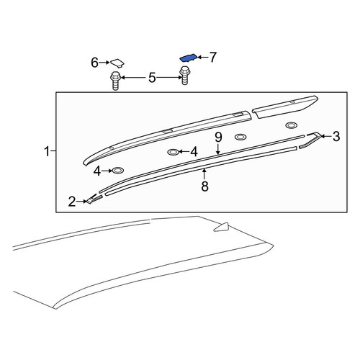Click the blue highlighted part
tap(189, 58)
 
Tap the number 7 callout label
tap(212, 58)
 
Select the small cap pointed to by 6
tap(117, 63)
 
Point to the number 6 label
tap(94, 63)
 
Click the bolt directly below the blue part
tap(184, 76)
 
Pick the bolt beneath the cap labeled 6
tap(115, 81)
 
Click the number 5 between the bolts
tap(152, 78)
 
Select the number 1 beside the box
tap(48, 151)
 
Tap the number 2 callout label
tap(72, 202)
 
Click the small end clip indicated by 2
tap(94, 198)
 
